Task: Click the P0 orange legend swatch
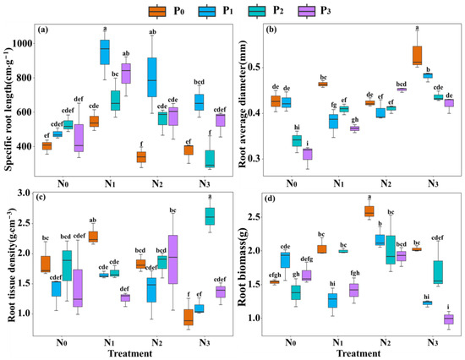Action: (x=156, y=11)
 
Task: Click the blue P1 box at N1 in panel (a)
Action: (x=105, y=51)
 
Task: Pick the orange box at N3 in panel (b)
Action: (x=417, y=55)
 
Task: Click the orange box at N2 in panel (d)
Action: (x=369, y=211)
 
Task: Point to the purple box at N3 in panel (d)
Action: (x=448, y=319)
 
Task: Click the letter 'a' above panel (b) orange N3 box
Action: (x=417, y=29)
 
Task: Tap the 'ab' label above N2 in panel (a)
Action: (x=152, y=33)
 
